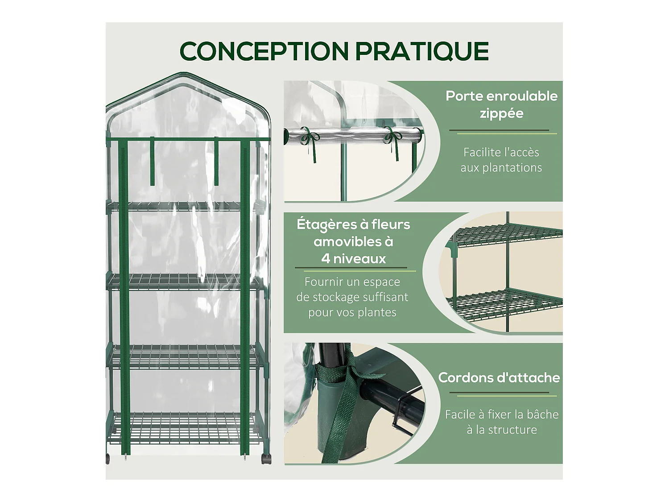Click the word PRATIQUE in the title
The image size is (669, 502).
(422, 51)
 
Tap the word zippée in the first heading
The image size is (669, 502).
(501, 113)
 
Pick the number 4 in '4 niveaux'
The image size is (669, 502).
(326, 259)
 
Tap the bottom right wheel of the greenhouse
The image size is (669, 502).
(266, 459)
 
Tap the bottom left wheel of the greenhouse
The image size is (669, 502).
(108, 458)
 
